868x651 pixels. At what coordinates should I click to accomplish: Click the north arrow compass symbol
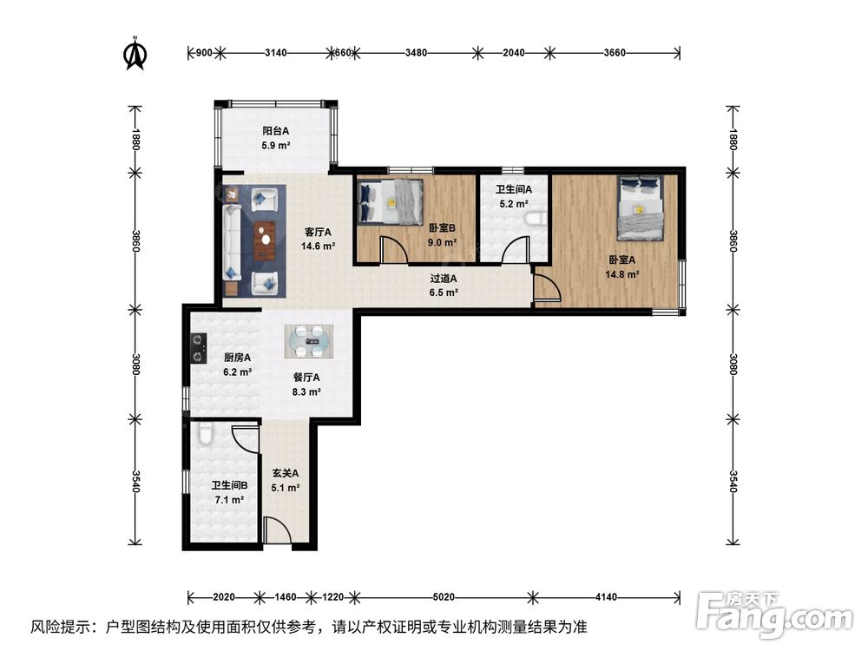click(x=135, y=54)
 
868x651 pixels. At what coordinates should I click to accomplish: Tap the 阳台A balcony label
click(x=276, y=131)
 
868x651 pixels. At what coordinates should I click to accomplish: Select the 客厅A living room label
click(x=318, y=232)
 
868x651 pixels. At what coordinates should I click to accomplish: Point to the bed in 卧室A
click(x=641, y=208)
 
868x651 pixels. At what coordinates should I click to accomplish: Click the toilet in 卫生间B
click(x=206, y=434)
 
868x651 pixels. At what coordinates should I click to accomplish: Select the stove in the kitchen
click(x=198, y=348)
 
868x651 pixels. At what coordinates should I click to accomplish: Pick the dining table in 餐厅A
click(x=309, y=341)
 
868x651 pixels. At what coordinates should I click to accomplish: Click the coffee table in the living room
click(x=265, y=240)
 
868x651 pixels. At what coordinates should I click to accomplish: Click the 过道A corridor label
click(x=444, y=279)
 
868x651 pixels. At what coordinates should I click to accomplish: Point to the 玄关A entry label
click(x=285, y=473)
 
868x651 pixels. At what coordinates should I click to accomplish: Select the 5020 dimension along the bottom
click(x=444, y=597)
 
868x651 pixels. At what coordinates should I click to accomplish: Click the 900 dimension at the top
click(x=204, y=53)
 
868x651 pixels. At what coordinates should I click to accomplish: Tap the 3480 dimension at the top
click(x=417, y=53)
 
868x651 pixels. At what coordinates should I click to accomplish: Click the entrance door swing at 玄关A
click(x=278, y=530)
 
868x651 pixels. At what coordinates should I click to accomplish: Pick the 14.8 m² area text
click(x=622, y=274)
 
